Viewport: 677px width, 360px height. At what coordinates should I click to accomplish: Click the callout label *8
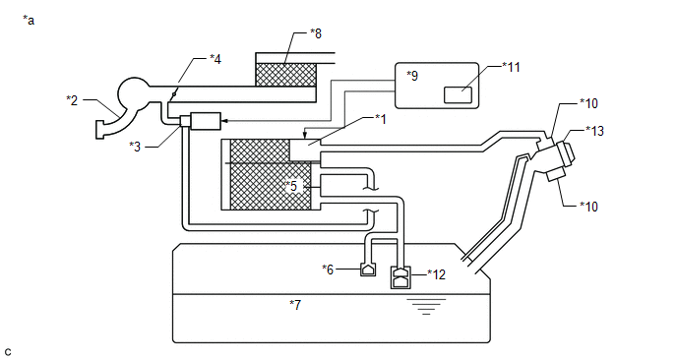tap(316, 33)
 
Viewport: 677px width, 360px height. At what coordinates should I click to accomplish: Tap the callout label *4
tap(215, 59)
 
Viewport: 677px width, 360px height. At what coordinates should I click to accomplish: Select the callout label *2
tap(72, 100)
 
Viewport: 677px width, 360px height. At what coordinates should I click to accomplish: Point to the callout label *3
tap(135, 147)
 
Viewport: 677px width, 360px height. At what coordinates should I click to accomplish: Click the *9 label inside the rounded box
tap(412, 76)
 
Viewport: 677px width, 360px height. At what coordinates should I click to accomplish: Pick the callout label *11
tap(512, 67)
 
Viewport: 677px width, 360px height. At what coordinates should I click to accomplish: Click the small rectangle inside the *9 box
tap(459, 95)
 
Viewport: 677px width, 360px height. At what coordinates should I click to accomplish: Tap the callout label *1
tap(381, 119)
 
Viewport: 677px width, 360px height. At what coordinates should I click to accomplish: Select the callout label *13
tap(595, 131)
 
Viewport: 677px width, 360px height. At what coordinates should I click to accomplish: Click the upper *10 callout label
tap(588, 103)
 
